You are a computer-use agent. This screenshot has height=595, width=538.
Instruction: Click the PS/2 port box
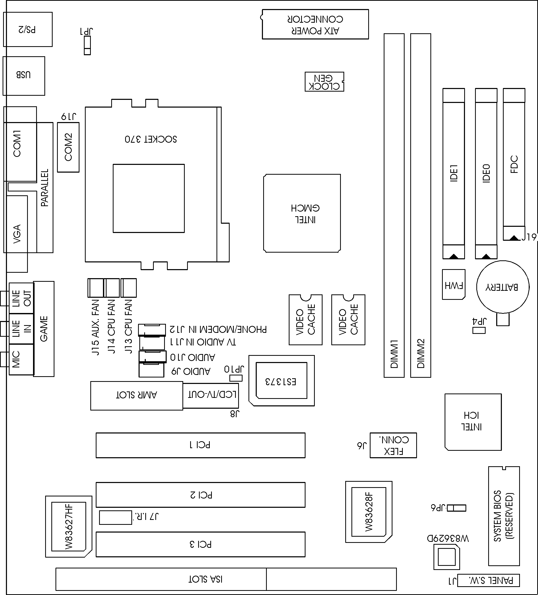28,29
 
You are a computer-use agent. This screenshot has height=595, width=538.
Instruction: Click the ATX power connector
315,24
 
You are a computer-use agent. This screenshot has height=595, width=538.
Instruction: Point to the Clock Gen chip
324,82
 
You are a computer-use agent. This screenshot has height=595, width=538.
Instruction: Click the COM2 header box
68,147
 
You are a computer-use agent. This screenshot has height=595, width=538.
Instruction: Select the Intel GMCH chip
302,213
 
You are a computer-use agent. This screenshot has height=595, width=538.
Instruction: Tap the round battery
503,287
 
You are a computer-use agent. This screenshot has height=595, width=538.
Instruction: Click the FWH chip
454,285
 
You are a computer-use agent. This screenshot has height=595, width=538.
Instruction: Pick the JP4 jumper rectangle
479,330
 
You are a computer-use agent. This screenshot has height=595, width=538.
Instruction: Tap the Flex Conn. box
393,445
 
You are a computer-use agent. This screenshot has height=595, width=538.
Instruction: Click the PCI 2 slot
200,495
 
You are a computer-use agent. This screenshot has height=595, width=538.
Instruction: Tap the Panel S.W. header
488,580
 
